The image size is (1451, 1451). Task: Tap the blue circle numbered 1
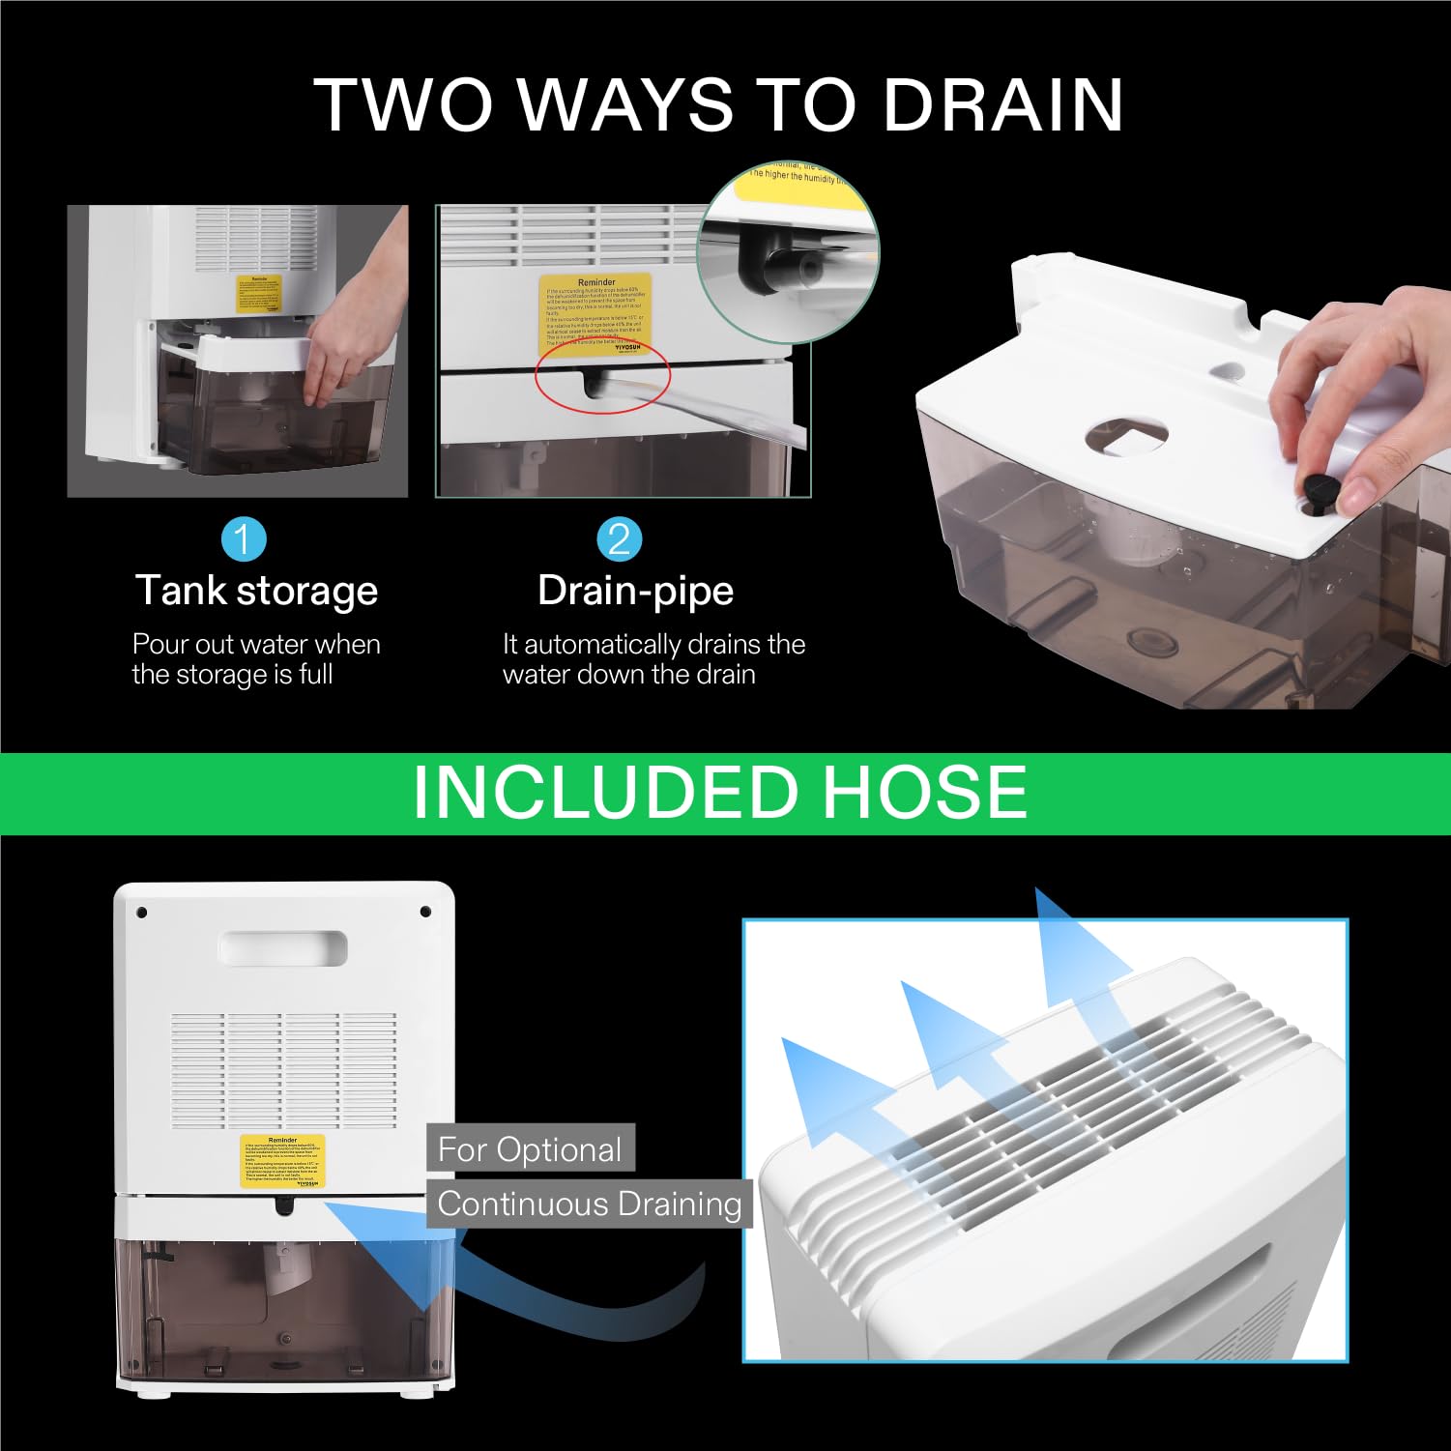click(243, 539)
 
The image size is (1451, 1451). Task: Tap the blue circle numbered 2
click(619, 539)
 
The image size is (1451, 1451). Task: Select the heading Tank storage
click(256, 591)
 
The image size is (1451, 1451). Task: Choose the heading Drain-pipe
click(635, 591)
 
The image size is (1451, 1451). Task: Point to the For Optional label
click(530, 1149)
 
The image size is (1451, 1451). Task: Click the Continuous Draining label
click(589, 1204)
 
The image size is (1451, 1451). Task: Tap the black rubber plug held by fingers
click(1320, 490)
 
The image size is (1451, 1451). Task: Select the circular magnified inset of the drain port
click(789, 251)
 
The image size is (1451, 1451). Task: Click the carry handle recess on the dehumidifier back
click(283, 947)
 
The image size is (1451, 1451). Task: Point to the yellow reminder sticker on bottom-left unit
click(282, 1161)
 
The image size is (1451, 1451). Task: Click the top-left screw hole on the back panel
click(141, 912)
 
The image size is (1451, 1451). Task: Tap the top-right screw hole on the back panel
click(424, 912)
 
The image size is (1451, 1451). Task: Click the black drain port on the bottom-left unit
click(284, 1204)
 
